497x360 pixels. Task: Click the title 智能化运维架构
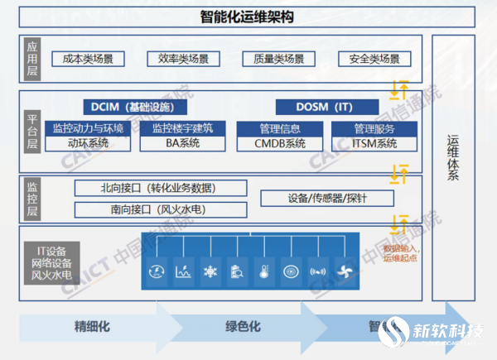pos(248,17)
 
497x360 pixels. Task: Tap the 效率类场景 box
pos(183,59)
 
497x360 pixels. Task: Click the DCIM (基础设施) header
pos(135,107)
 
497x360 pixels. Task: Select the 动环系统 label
pos(88,143)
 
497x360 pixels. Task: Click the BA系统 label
pos(181,143)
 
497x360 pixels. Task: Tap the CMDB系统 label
pos(280,143)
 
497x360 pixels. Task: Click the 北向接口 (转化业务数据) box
pos(162,188)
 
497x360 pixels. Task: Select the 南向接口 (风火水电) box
pos(162,209)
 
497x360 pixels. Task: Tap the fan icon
pos(344,271)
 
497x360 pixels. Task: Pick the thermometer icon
pos(263,271)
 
